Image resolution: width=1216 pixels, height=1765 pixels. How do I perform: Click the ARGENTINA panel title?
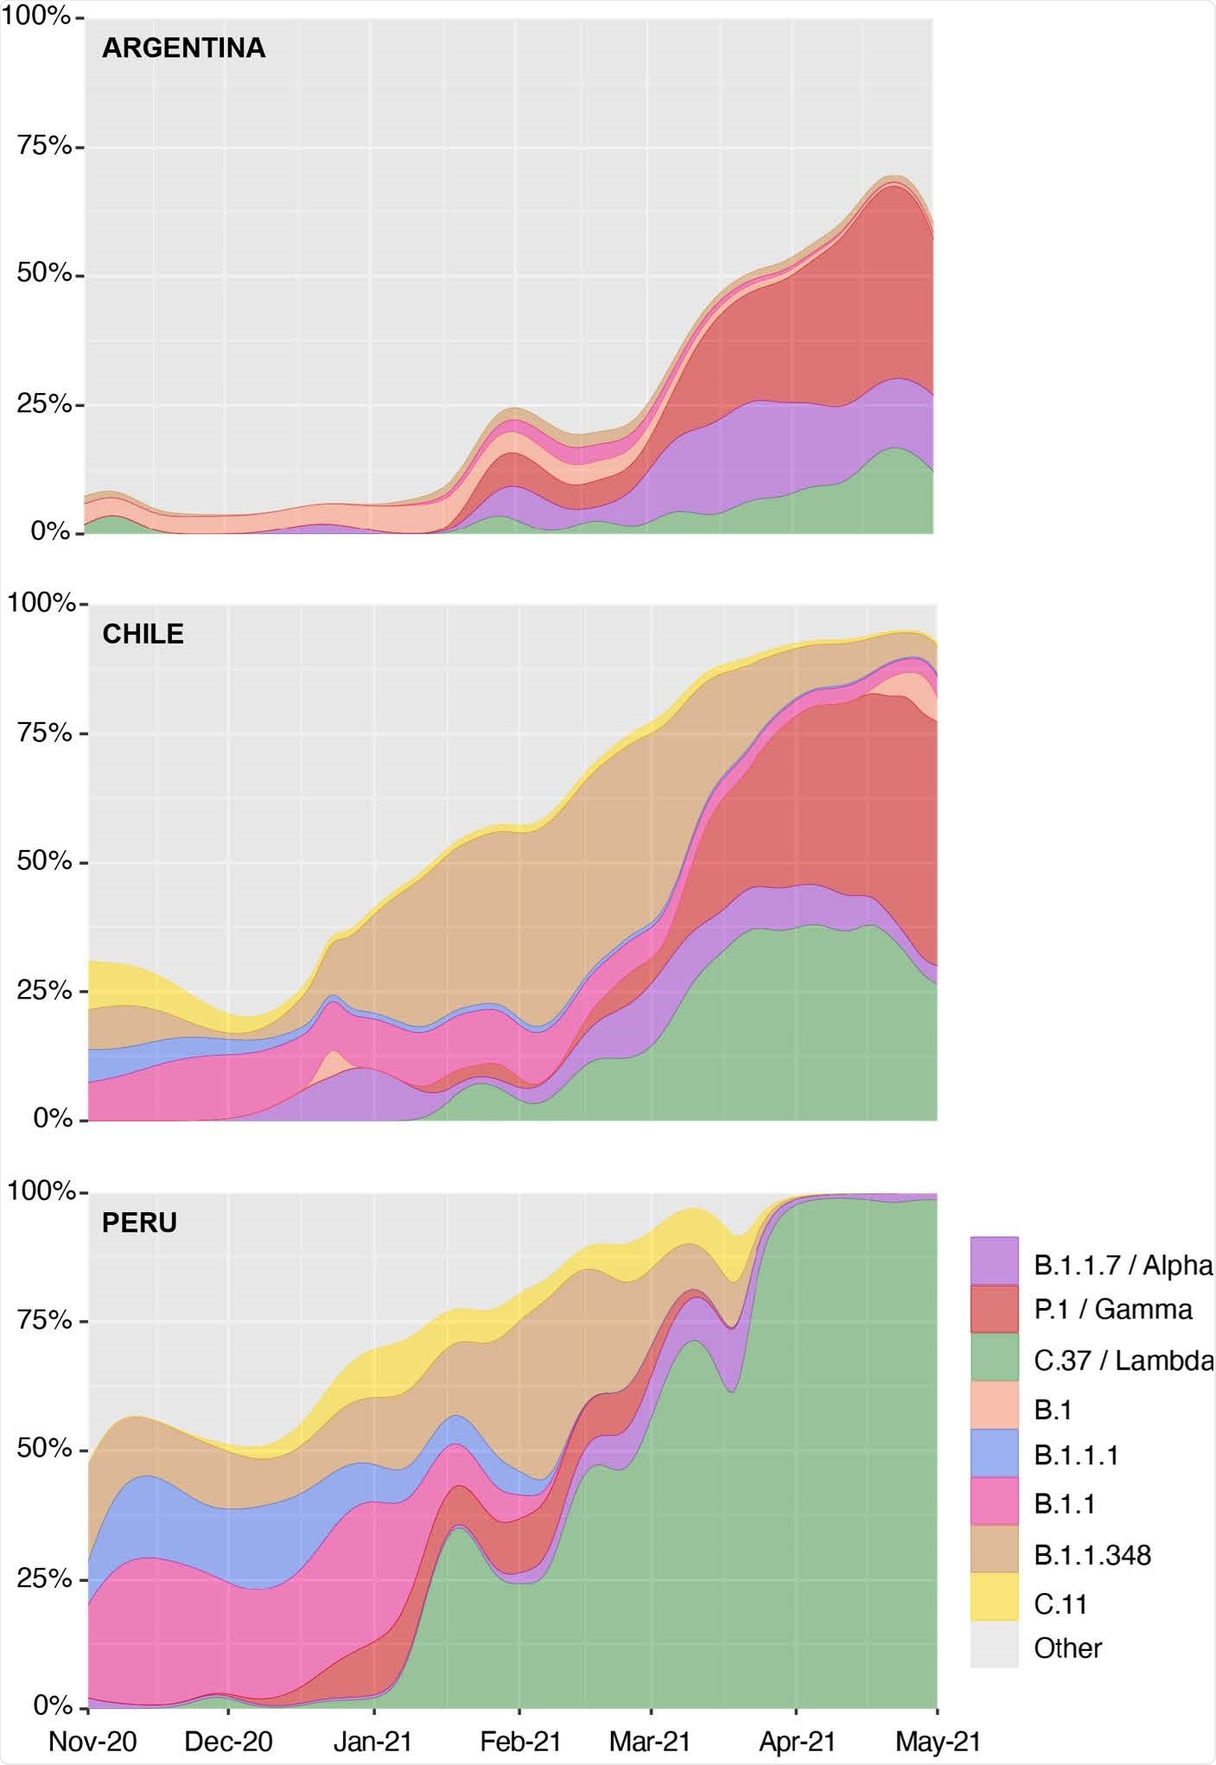coord(183,48)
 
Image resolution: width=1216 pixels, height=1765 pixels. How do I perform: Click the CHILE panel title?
coord(143,634)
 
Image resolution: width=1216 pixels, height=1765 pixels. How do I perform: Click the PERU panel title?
coord(139,1222)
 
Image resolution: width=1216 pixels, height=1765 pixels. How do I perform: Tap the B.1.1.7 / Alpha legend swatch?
coord(994,1260)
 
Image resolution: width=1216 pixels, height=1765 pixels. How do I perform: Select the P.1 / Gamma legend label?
coord(1112,1310)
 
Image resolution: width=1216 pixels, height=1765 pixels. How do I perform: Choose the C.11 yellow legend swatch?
coord(994,1603)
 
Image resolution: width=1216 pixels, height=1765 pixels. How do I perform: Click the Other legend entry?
coord(1066,1648)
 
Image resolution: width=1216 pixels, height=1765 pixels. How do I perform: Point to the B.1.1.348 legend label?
coord(1092,1555)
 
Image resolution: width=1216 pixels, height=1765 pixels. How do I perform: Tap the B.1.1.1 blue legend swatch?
coord(994,1455)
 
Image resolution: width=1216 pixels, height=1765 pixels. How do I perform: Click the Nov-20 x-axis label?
coord(92,1740)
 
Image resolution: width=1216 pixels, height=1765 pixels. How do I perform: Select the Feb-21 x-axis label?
coord(520,1740)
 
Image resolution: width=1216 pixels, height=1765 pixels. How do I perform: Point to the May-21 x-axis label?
coord(937,1740)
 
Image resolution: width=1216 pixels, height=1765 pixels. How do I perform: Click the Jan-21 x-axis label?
coord(373,1740)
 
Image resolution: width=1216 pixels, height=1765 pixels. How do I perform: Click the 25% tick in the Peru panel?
coord(44,1578)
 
